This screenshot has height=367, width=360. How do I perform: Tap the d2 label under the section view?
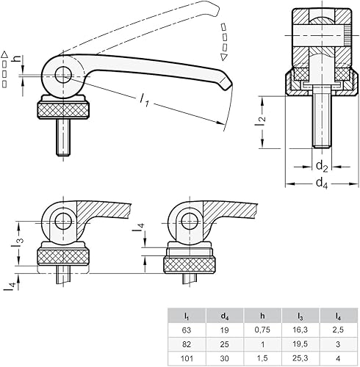320,165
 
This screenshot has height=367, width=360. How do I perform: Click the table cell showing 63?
187,330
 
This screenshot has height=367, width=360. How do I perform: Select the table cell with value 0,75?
262,330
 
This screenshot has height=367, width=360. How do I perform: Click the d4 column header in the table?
224,316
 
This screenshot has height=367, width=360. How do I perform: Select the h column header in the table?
262,316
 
